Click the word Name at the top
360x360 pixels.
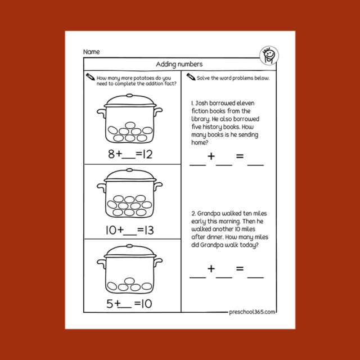point(91,52)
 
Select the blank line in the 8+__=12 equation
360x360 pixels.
point(129,158)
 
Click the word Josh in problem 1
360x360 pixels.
point(201,104)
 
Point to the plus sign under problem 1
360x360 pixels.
point(211,156)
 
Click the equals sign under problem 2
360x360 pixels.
point(240,269)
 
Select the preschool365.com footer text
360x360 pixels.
point(253,311)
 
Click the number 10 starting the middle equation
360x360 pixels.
point(110,230)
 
